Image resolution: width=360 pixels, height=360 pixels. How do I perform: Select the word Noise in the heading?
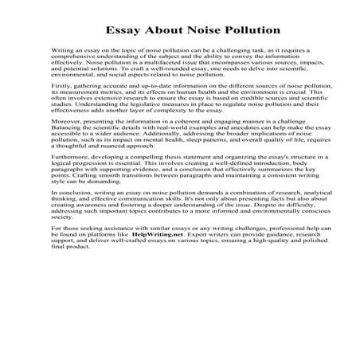(x=188, y=30)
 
